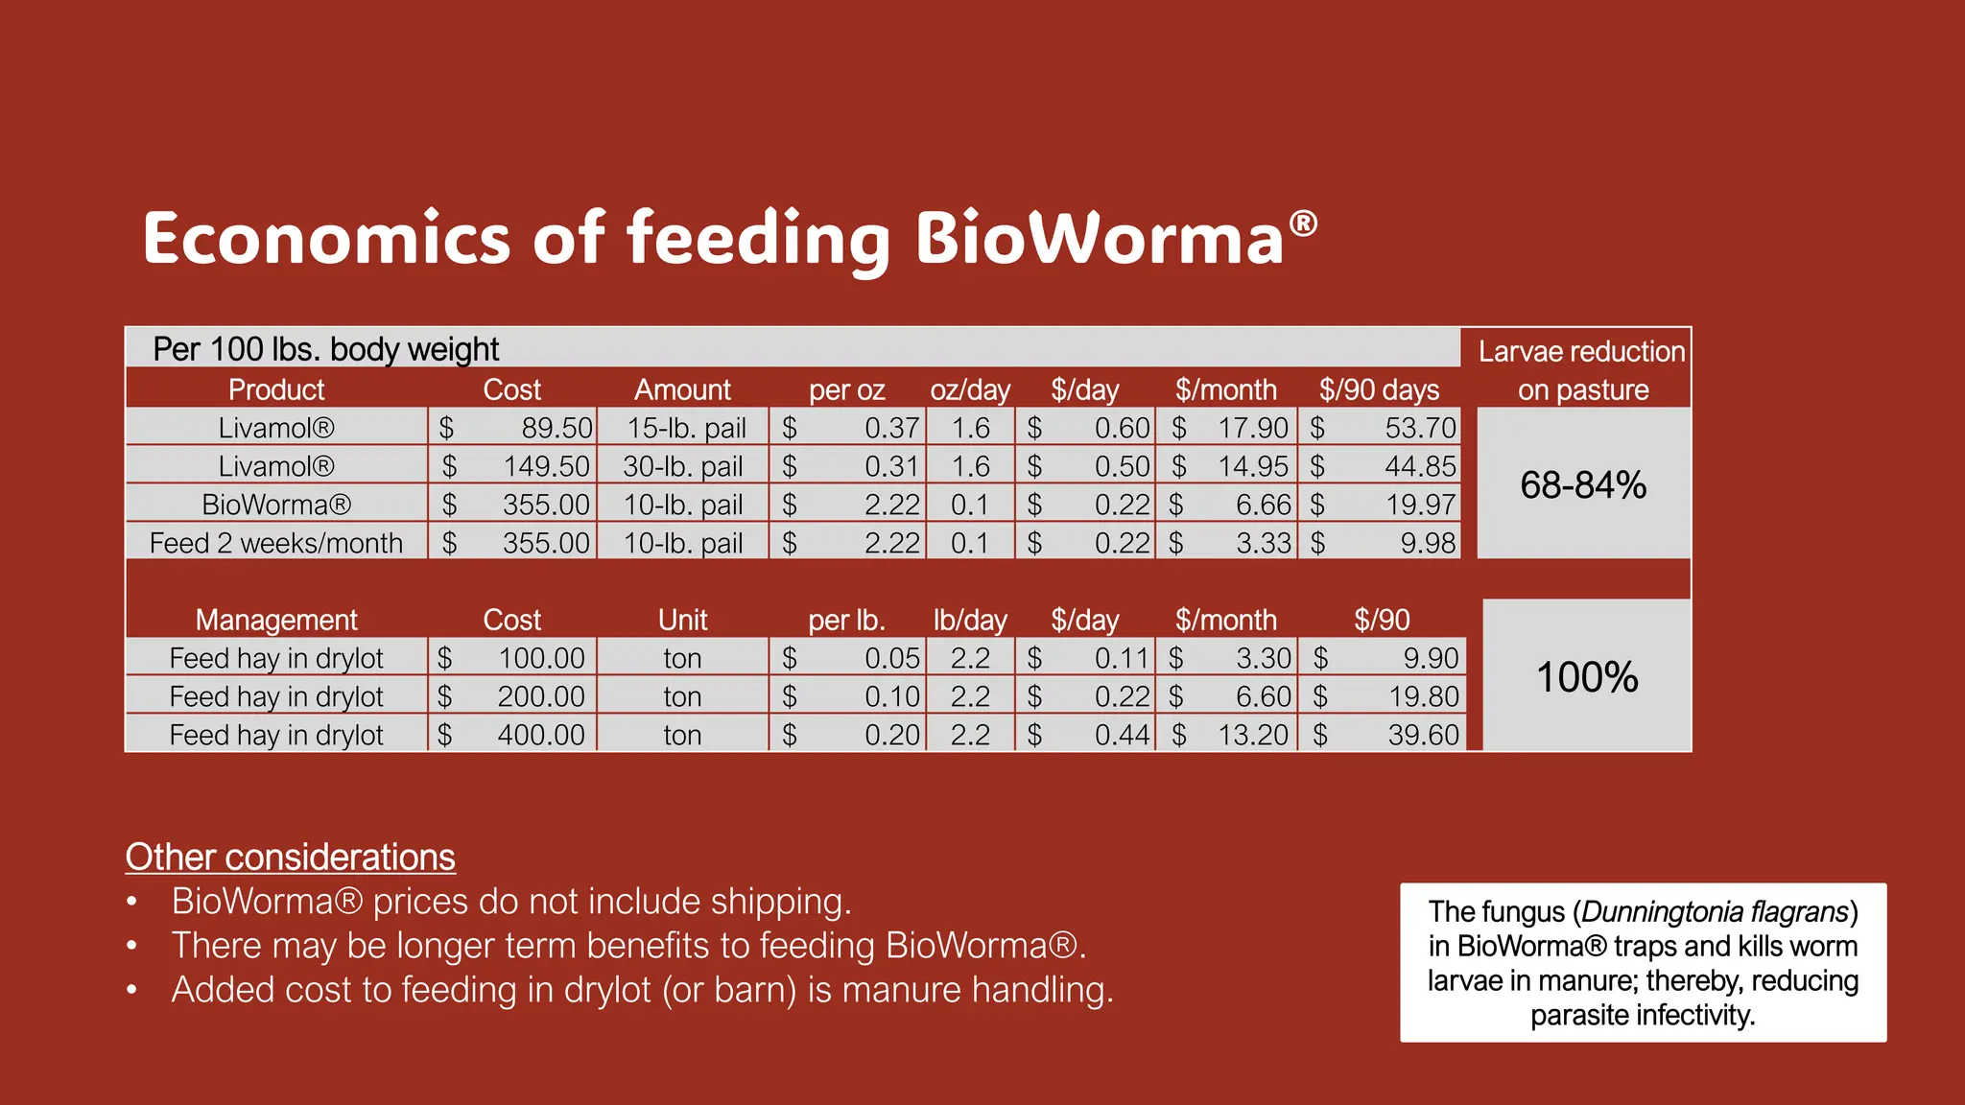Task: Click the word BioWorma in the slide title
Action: (x=1100, y=238)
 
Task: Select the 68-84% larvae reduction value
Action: (x=1583, y=485)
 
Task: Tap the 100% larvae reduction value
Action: (x=1587, y=677)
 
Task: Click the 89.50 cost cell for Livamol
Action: (x=556, y=428)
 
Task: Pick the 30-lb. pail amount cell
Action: (x=683, y=466)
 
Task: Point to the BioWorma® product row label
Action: (x=276, y=505)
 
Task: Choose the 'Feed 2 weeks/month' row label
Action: (x=276, y=543)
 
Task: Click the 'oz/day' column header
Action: (x=970, y=390)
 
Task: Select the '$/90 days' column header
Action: (x=1379, y=390)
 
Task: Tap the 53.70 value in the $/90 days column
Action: (x=1420, y=428)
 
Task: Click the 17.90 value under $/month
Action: (x=1252, y=428)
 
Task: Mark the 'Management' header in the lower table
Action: (x=276, y=621)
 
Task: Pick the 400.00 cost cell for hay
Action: (x=541, y=735)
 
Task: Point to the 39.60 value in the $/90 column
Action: (x=1423, y=735)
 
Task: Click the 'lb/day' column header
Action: (x=970, y=621)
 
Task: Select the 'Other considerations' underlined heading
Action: (x=290, y=858)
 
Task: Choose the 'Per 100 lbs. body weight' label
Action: (x=326, y=349)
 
